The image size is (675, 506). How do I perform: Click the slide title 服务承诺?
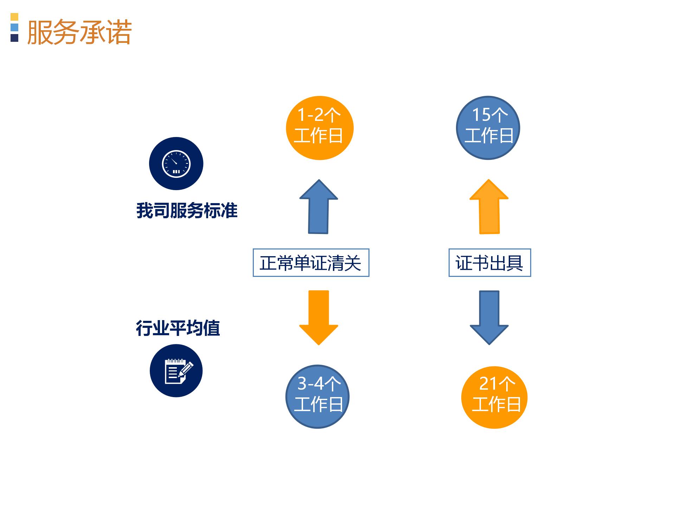click(x=79, y=32)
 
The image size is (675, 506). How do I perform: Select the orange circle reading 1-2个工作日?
click(x=320, y=128)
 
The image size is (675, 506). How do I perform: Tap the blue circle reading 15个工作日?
click(x=488, y=128)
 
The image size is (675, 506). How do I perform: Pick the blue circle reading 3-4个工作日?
click(x=317, y=397)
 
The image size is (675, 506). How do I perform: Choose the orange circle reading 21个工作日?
click(x=494, y=397)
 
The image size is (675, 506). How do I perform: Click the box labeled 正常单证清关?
click(x=311, y=263)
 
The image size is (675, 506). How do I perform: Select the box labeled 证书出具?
click(x=490, y=263)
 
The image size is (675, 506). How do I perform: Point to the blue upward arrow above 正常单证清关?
click(x=319, y=207)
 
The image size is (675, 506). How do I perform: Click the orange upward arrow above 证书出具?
click(x=489, y=207)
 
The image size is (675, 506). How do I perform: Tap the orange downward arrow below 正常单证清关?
click(x=319, y=318)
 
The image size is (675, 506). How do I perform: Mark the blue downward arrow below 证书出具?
click(x=489, y=318)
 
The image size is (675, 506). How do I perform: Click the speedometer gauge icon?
click(x=176, y=164)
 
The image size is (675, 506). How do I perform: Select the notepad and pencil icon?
click(x=176, y=371)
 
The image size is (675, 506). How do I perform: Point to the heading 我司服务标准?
click(x=187, y=211)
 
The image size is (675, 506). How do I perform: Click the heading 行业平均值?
click(x=178, y=328)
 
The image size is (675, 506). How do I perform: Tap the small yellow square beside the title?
click(x=14, y=17)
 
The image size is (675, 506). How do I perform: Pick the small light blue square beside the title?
click(x=14, y=27)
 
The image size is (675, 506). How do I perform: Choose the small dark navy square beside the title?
click(x=14, y=38)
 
